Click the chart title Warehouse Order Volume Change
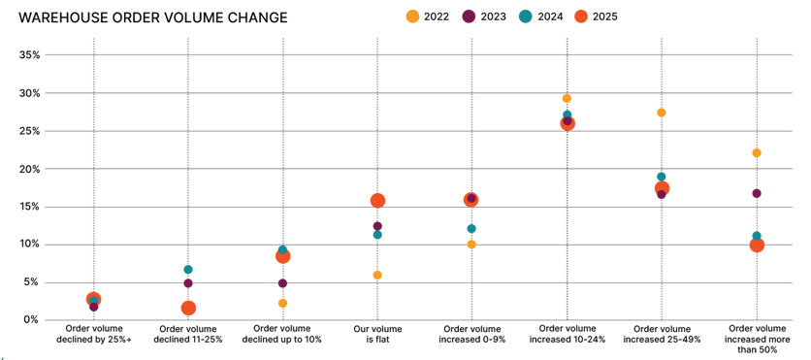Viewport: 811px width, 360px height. pyautogui.click(x=153, y=16)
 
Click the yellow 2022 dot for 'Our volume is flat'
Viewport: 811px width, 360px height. pyautogui.click(x=377, y=276)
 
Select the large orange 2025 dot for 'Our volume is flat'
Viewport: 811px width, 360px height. pyautogui.click(x=377, y=201)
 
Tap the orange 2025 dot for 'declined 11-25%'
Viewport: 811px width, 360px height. pyautogui.click(x=188, y=309)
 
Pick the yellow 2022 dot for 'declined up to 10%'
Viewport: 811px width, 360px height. pyautogui.click(x=282, y=304)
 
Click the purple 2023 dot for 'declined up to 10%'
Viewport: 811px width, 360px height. pyautogui.click(x=282, y=283)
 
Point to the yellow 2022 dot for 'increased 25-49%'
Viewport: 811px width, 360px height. pyautogui.click(x=662, y=113)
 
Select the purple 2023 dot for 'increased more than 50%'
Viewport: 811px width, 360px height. pyautogui.click(x=757, y=193)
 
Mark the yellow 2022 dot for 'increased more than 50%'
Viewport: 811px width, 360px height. pyautogui.click(x=757, y=153)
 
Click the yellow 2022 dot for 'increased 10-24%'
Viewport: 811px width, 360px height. pyautogui.click(x=567, y=99)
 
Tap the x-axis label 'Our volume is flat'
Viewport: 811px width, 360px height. pyautogui.click(x=377, y=335)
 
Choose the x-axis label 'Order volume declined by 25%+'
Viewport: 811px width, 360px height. pyautogui.click(x=93, y=335)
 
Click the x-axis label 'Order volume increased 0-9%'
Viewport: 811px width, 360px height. pyautogui.click(x=471, y=335)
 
